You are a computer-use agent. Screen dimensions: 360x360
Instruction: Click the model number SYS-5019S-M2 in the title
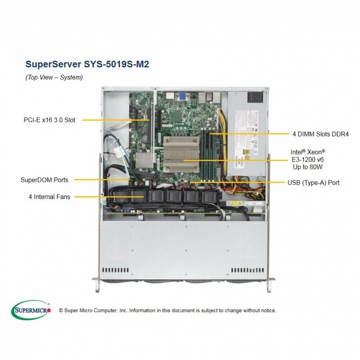tap(116, 64)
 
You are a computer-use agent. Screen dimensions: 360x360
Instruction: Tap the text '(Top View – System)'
tap(54, 77)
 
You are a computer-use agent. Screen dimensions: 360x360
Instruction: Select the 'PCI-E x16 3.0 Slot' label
tap(49, 120)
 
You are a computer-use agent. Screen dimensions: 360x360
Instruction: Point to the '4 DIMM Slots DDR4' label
tap(320, 134)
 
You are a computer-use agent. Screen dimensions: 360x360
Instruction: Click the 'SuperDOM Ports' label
tap(44, 180)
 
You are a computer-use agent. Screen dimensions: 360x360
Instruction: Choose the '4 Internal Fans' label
tap(49, 197)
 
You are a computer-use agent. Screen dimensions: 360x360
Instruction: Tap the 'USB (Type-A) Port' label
tap(314, 183)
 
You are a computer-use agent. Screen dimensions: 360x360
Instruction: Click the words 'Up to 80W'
tap(308, 167)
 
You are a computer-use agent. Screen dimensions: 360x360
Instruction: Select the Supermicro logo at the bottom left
tap(31, 310)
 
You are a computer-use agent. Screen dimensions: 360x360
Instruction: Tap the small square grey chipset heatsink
tap(144, 161)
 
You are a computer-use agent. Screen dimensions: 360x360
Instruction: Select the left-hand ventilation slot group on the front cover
tap(115, 270)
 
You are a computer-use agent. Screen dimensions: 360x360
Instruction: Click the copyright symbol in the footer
tap(61, 311)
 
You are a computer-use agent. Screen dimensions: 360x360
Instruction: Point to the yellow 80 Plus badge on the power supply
tap(246, 152)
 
